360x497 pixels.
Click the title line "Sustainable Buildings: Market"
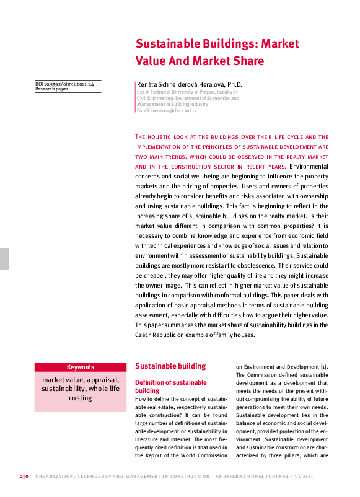coord(217,45)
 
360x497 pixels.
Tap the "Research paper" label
coord(52,89)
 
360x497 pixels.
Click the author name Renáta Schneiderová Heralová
coord(180,84)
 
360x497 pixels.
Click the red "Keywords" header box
coord(81,367)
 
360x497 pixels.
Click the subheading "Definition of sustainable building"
coord(170,387)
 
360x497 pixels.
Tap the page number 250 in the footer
coord(24,476)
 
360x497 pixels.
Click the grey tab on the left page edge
coord(4,258)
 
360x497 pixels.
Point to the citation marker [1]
coord(323,367)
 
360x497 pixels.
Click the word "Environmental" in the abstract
coord(309,167)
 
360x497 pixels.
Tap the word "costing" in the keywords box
coord(81,398)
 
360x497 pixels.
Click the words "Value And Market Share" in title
coord(200,61)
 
